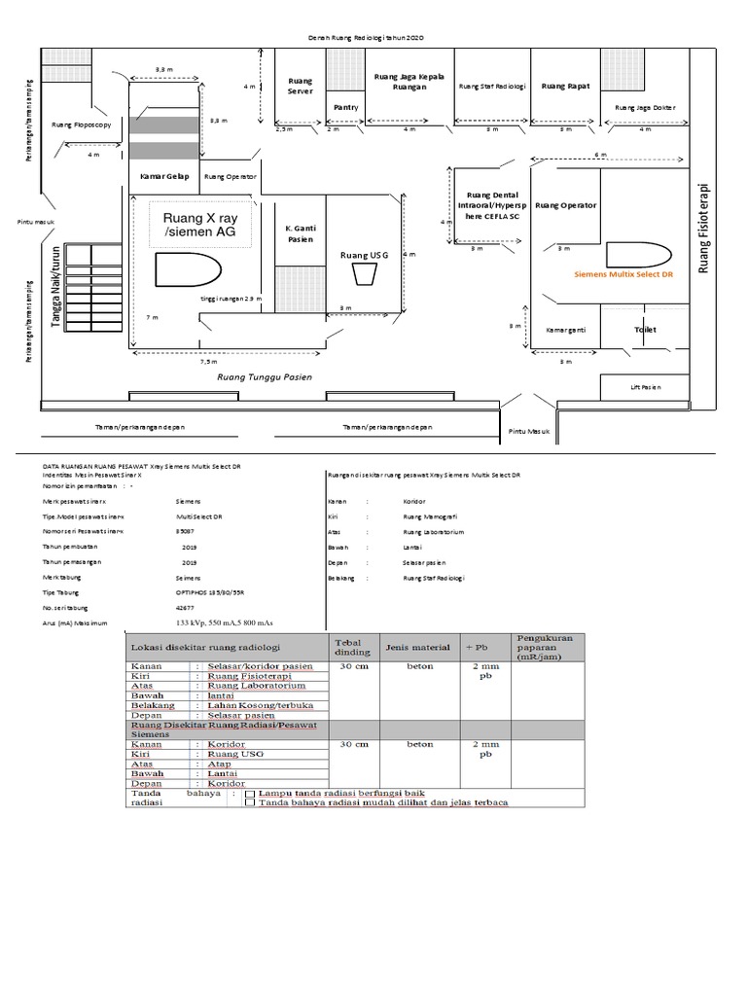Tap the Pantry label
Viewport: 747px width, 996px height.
pos(345,107)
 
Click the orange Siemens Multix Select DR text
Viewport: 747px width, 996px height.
pos(624,274)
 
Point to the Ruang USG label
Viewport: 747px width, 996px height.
pos(364,255)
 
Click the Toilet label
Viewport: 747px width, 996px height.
pos(646,330)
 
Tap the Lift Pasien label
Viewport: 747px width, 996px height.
pos(644,387)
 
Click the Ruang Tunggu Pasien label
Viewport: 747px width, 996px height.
pos(264,376)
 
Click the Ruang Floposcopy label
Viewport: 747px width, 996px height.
pos(82,124)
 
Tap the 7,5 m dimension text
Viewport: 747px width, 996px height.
pos(209,360)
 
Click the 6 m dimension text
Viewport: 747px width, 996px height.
pos(600,155)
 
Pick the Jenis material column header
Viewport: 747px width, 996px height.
pos(418,646)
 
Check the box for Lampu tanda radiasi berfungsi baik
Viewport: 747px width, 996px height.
pos(250,794)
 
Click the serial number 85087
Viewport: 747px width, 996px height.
pos(184,532)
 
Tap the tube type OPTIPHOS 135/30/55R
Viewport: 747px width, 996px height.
pos(209,591)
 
